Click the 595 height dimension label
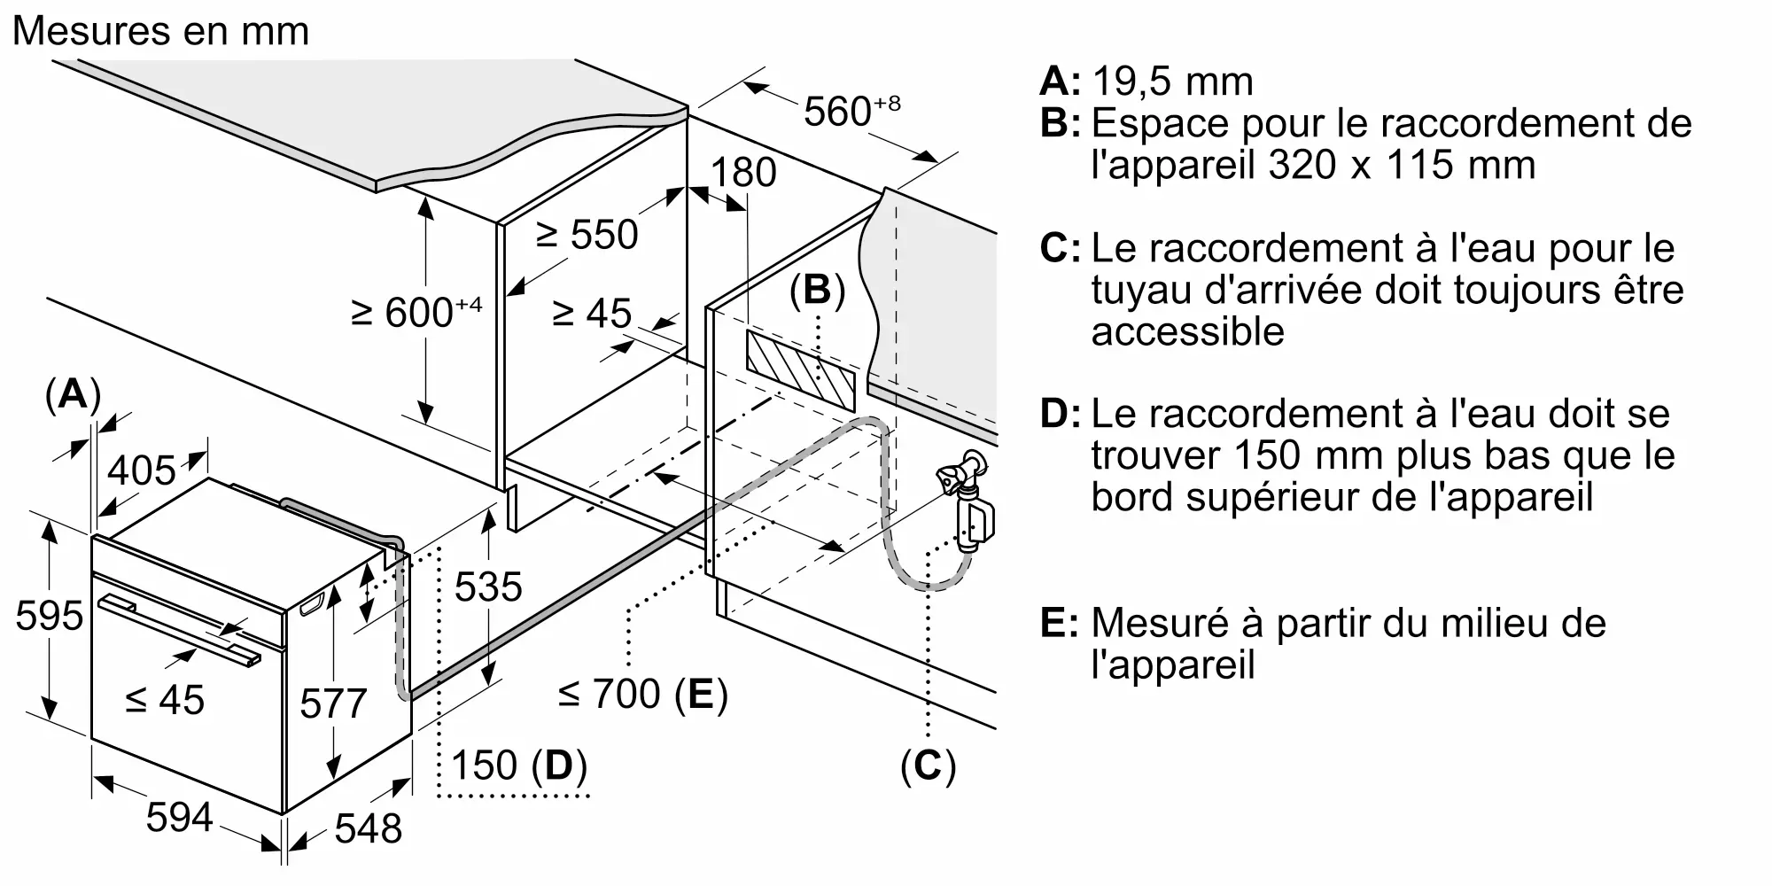tap(50, 616)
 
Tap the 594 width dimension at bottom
tap(179, 817)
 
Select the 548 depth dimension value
tap(368, 829)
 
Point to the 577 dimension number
tap(333, 703)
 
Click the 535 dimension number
tap(488, 587)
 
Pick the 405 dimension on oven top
tap(142, 470)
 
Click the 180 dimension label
tap(743, 173)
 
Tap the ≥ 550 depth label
tap(587, 235)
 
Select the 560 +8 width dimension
tap(851, 112)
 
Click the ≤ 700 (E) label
tap(643, 694)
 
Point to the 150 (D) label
tap(519, 766)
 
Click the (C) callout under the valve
tap(928, 766)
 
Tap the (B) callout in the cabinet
tap(817, 291)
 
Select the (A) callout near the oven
tap(73, 394)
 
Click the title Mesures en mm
tap(161, 32)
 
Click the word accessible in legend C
tap(1187, 331)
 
